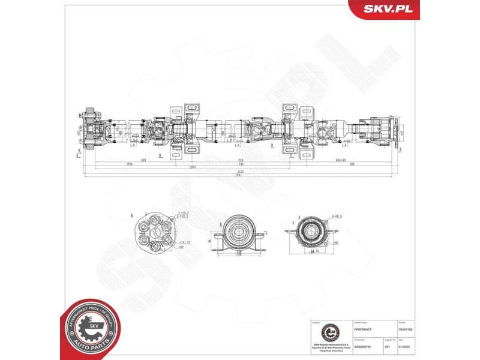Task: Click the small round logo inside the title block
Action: click(328, 331)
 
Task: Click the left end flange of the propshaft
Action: click(90, 130)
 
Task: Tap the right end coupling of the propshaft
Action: click(387, 129)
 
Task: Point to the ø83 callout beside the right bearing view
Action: click(336, 242)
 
